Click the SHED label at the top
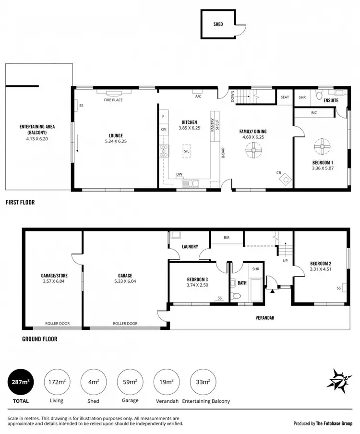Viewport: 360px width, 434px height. [x=218, y=24]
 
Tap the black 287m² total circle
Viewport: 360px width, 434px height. [x=20, y=382]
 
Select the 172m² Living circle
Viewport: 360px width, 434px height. [x=57, y=382]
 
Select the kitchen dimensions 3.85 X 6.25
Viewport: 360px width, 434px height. [x=186, y=128]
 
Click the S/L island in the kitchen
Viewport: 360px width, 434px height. [x=186, y=151]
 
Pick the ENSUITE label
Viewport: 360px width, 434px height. [x=331, y=101]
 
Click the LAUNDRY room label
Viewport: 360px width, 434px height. [x=190, y=247]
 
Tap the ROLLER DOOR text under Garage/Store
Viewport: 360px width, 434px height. [x=57, y=324]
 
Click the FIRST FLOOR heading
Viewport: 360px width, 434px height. [x=20, y=202]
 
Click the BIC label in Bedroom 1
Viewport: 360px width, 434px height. [x=314, y=113]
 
